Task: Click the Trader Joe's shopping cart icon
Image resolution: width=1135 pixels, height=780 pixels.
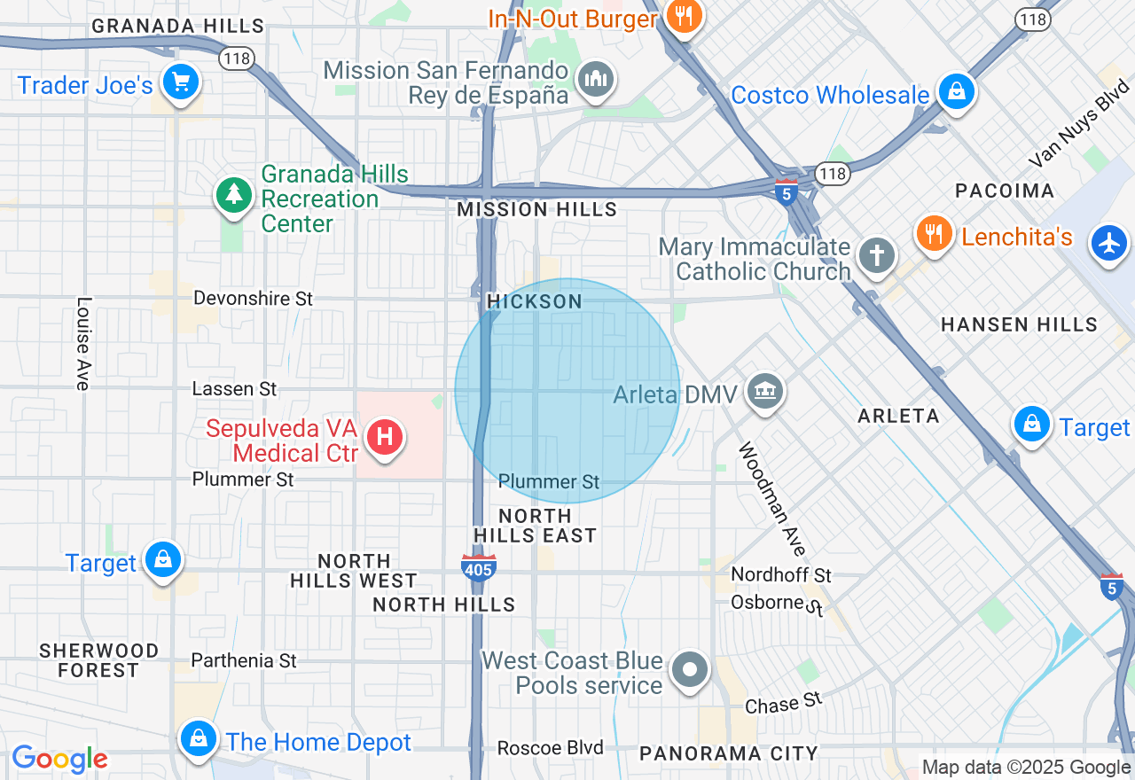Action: click(181, 83)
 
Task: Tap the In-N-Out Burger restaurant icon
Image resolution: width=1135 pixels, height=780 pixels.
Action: click(684, 15)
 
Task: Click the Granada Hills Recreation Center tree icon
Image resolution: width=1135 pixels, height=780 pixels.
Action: click(235, 194)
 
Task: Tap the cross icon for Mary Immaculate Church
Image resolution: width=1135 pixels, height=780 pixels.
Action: click(877, 256)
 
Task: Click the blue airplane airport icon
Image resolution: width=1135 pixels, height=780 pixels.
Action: click(1109, 242)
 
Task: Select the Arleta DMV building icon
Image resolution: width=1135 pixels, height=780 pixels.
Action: click(763, 391)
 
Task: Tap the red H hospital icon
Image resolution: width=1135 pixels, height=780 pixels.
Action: click(385, 438)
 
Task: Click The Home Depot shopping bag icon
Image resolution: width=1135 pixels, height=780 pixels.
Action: click(199, 738)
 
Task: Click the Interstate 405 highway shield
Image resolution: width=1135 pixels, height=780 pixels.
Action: click(478, 567)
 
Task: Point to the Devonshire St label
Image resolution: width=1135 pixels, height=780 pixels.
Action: click(253, 299)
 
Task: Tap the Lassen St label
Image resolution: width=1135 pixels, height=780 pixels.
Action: click(235, 389)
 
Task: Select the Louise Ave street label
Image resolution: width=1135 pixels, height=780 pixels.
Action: click(83, 343)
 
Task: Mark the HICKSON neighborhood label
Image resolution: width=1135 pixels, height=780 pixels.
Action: click(535, 302)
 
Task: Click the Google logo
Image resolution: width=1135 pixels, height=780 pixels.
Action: click(59, 759)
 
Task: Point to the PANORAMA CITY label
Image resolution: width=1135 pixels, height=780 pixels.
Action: click(729, 754)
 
